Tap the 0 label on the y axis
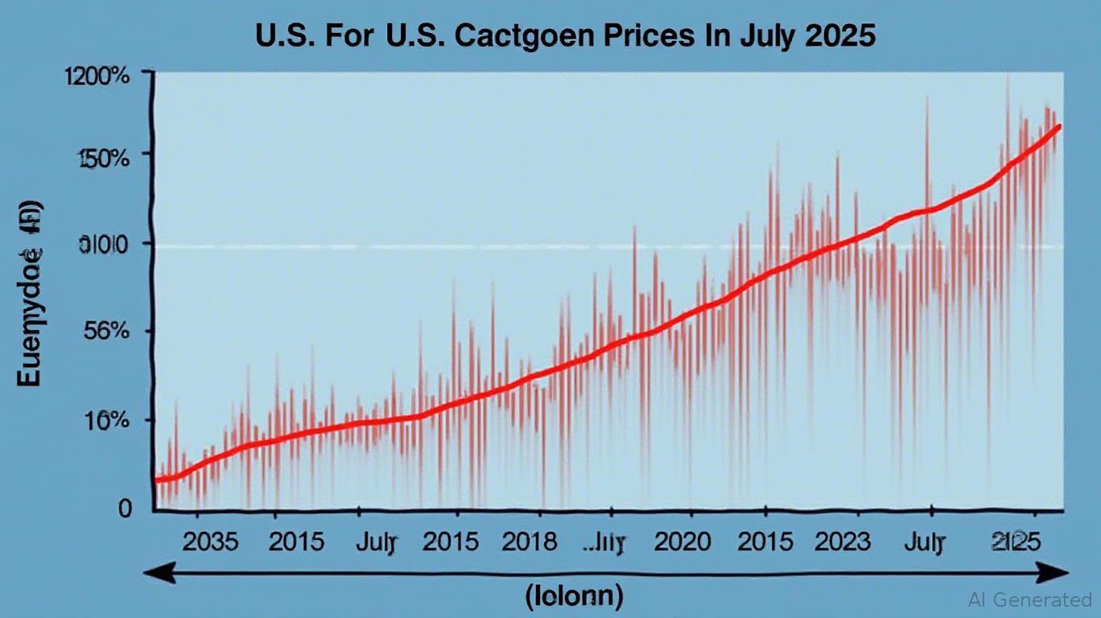(125, 508)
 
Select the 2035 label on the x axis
(210, 542)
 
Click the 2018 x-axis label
(529, 542)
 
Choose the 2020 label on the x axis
(682, 542)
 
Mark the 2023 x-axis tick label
(842, 542)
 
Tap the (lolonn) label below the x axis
(574, 596)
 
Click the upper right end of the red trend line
(1059, 126)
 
